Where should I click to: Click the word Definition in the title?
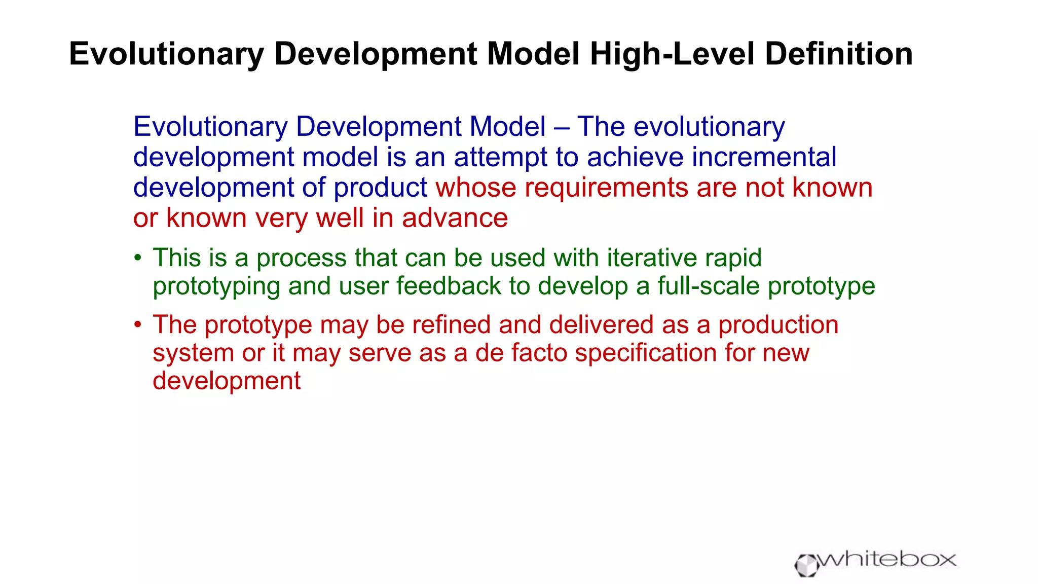coord(838,54)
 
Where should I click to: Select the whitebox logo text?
coord(887,560)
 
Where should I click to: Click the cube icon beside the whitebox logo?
coord(806,565)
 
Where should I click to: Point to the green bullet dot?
coord(137,258)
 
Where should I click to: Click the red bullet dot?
coord(137,325)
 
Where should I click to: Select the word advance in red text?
coord(455,218)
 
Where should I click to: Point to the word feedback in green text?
coord(448,286)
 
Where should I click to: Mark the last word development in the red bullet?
coord(227,381)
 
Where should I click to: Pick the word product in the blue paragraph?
coord(380,189)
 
